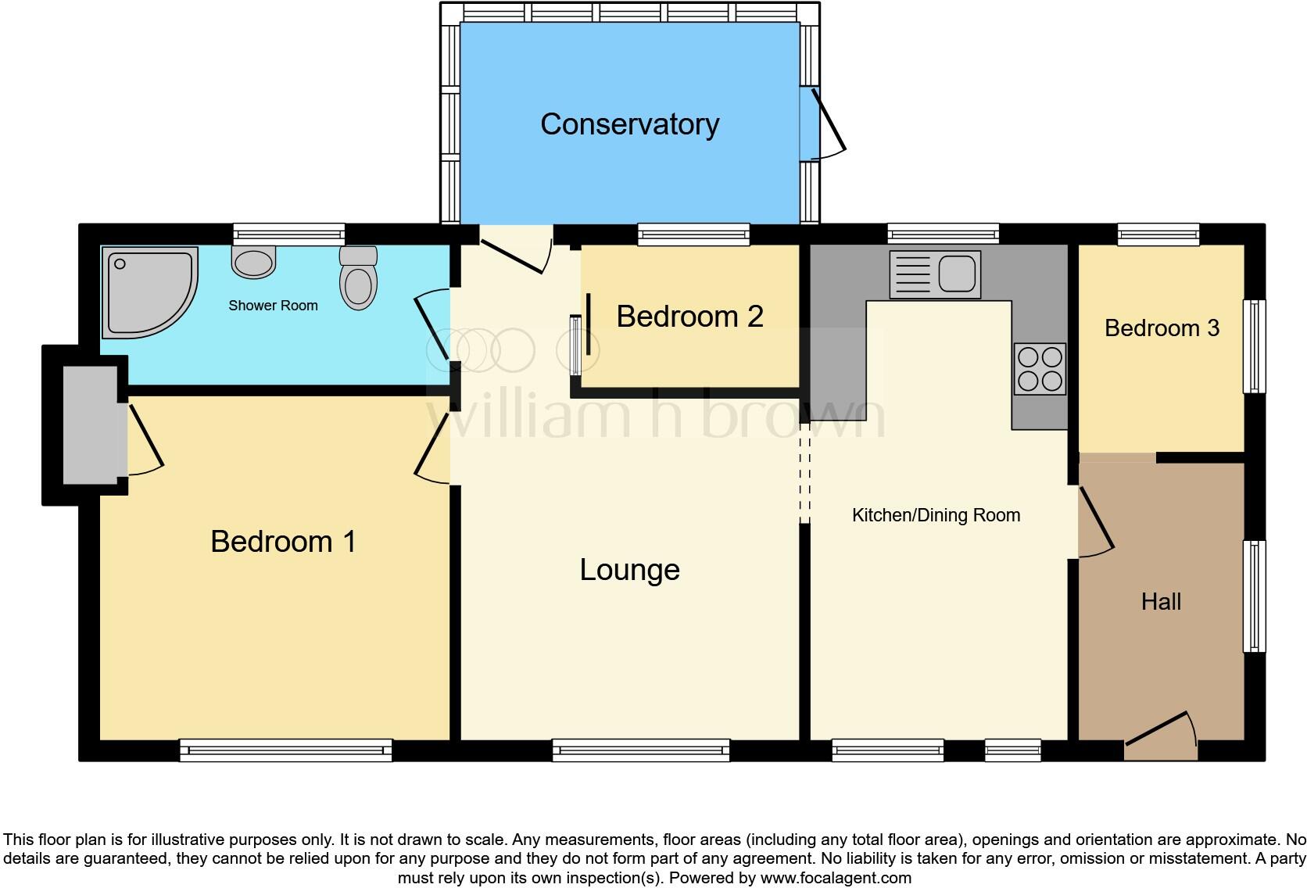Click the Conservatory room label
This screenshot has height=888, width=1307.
click(629, 124)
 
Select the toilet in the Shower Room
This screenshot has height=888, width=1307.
click(359, 279)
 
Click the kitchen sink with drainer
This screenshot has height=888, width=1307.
click(935, 274)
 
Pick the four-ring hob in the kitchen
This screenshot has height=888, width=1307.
click(1040, 369)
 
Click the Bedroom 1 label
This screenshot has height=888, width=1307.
click(283, 542)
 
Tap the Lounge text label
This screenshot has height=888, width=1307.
click(629, 570)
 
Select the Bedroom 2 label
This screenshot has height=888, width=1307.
click(689, 317)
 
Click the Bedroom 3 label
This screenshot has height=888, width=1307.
click(1162, 328)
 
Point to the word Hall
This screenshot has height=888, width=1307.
click(1161, 602)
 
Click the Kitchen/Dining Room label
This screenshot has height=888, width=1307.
click(936, 515)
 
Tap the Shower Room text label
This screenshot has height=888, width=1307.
click(273, 306)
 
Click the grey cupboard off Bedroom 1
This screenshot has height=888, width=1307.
click(90, 425)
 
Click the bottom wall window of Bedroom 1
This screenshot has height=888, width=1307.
click(285, 750)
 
